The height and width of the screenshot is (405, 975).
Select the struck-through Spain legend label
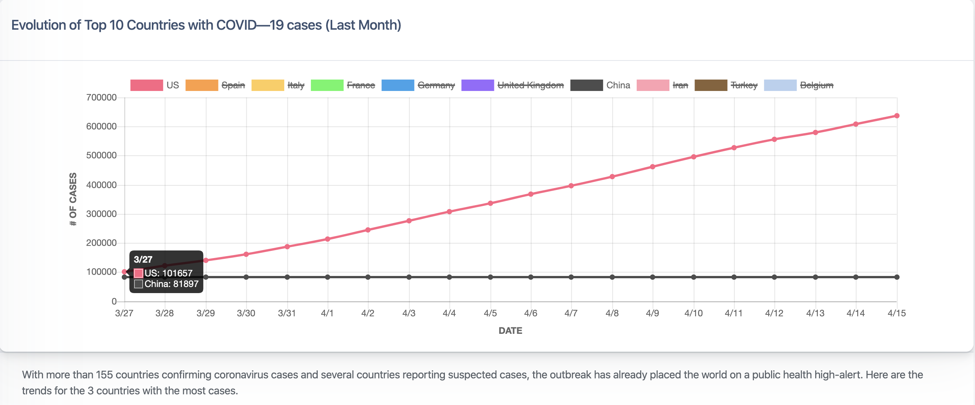pos(233,85)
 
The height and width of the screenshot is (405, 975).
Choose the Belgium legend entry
pos(816,85)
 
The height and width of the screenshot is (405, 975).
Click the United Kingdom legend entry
pos(530,85)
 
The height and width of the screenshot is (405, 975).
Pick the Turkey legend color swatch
pos(711,85)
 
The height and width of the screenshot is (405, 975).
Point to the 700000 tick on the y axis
pos(101,97)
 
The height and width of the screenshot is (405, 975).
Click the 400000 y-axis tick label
pos(101,185)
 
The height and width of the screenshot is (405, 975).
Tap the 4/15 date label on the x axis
pos(896,313)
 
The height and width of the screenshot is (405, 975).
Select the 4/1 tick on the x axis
pos(327,313)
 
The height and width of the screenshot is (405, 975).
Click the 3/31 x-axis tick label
pos(287,313)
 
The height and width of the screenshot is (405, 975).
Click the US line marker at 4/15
pos(897,116)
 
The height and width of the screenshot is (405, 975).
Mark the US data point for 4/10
pos(693,157)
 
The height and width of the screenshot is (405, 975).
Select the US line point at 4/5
pos(490,203)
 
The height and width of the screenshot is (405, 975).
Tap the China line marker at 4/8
pos(612,277)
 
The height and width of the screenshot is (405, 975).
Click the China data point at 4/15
pos(897,277)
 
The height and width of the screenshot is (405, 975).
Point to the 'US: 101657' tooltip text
pos(168,273)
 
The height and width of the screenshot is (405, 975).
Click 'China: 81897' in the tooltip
pos(171,284)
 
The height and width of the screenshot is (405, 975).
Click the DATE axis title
pos(510,331)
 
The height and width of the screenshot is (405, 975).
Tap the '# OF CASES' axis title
pos(73,199)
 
